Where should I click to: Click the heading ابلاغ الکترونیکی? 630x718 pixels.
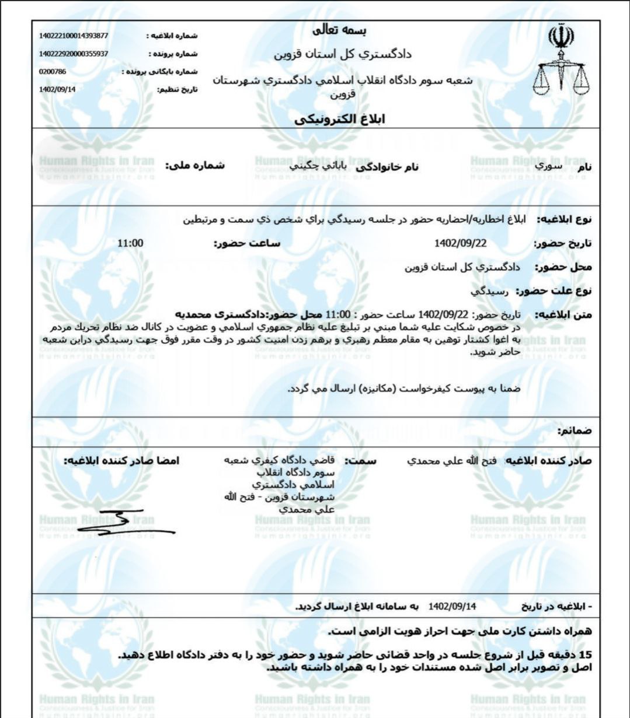[x=340, y=120]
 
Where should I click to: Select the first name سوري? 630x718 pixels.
[x=551, y=166]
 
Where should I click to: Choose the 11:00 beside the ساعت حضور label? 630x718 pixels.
[x=131, y=243]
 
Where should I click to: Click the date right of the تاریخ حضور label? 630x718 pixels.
[x=461, y=243]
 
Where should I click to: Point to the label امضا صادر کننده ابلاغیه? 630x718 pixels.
[x=122, y=461]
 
